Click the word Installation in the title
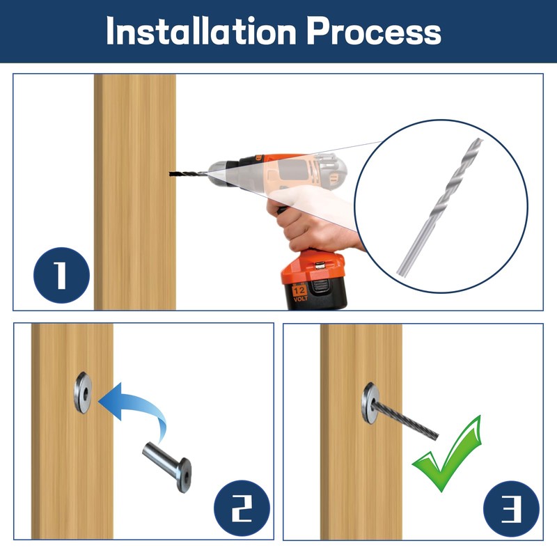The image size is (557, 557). tap(201, 31)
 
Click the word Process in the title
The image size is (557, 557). tap(374, 31)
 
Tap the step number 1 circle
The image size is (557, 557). tap(61, 275)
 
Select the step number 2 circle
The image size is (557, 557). tap(242, 508)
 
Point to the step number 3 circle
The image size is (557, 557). tap(512, 509)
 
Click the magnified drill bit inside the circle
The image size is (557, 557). tap(440, 207)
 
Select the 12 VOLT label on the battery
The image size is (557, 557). tap(299, 293)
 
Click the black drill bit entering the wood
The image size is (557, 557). tap(187, 174)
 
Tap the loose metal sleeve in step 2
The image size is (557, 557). tap(167, 466)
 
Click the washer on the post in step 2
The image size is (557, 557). tap(83, 393)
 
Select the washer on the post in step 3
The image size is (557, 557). tap(370, 403)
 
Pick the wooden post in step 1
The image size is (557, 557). tap(135, 192)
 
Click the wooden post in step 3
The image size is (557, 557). tap(361, 432)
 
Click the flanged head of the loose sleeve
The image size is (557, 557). tap(185, 476)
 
